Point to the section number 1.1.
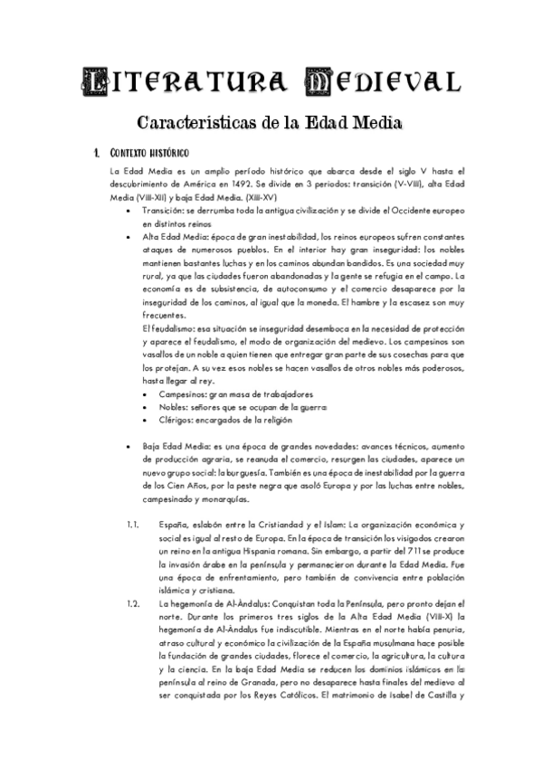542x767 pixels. [132, 525]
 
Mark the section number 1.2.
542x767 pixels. [132, 602]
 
